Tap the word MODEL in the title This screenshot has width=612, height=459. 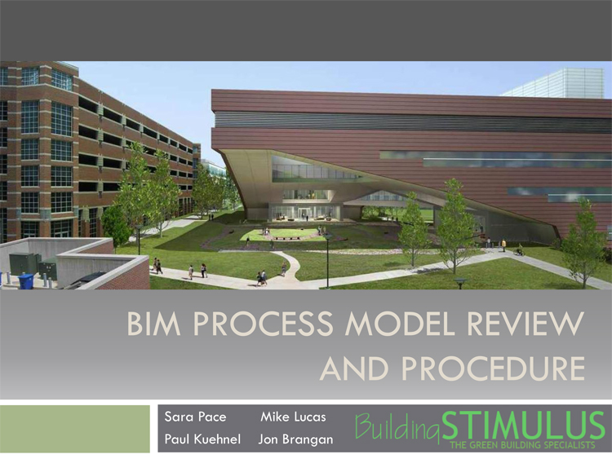tap(399, 324)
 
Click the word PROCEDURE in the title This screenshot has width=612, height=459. tap(494, 369)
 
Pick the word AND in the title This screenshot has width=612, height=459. tap(354, 369)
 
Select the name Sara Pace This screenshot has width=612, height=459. tap(195, 417)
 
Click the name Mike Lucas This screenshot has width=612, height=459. tap(293, 417)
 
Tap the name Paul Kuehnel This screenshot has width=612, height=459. tap(202, 439)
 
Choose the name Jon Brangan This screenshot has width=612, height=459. tap(295, 439)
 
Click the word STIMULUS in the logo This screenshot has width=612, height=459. tap(523, 426)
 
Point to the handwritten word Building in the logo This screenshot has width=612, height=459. tap(397, 427)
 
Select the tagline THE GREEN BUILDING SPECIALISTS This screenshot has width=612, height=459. tap(522, 445)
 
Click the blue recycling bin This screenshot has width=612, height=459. tap(26, 280)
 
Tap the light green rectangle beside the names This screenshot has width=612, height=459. tap(75, 429)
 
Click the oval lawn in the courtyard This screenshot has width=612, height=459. tap(279, 234)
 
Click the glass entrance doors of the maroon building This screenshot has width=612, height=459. tap(303, 213)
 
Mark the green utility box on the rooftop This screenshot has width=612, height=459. tap(24, 263)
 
